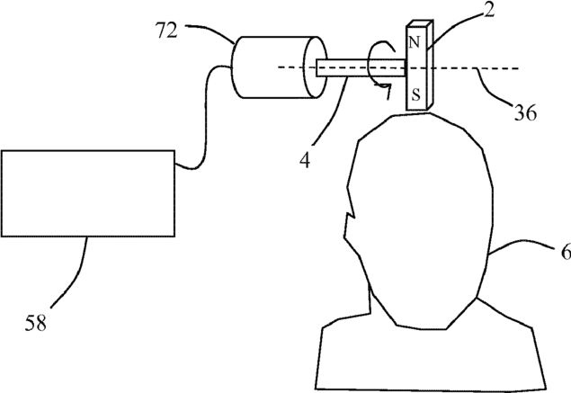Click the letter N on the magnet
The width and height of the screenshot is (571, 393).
414,41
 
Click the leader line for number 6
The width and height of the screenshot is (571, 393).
522,244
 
